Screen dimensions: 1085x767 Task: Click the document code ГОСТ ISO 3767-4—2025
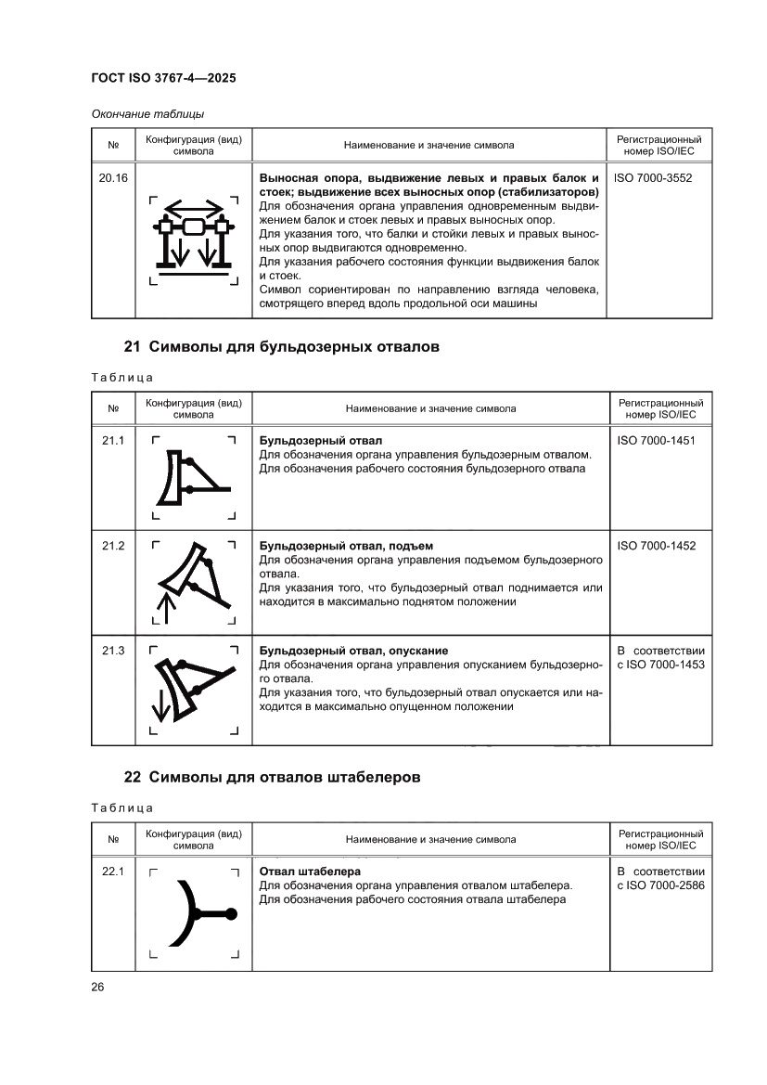click(x=163, y=79)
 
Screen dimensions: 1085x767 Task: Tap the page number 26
click(x=97, y=986)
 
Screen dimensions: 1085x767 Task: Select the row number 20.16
click(x=113, y=176)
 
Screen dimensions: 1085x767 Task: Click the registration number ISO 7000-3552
click(x=653, y=176)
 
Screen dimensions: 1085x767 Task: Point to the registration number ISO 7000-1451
click(x=656, y=440)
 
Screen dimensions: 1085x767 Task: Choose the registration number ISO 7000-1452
click(x=656, y=546)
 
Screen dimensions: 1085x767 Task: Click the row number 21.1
click(x=113, y=440)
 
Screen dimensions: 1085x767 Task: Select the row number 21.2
click(x=113, y=546)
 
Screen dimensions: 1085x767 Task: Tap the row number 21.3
click(x=113, y=651)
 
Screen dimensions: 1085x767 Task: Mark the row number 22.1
click(x=113, y=872)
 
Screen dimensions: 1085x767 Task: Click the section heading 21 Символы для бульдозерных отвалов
click(x=281, y=348)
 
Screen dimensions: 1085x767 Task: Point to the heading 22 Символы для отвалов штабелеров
click(x=272, y=777)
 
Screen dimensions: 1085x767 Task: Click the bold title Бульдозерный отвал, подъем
click(x=346, y=546)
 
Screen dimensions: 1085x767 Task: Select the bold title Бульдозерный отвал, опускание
click(x=360, y=651)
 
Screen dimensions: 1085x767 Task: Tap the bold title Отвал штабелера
click(x=309, y=872)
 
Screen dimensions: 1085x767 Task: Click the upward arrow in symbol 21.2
click(x=166, y=610)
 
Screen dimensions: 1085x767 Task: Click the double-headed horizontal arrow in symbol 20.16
click(x=194, y=207)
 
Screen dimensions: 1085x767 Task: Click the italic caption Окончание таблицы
click(x=147, y=114)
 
